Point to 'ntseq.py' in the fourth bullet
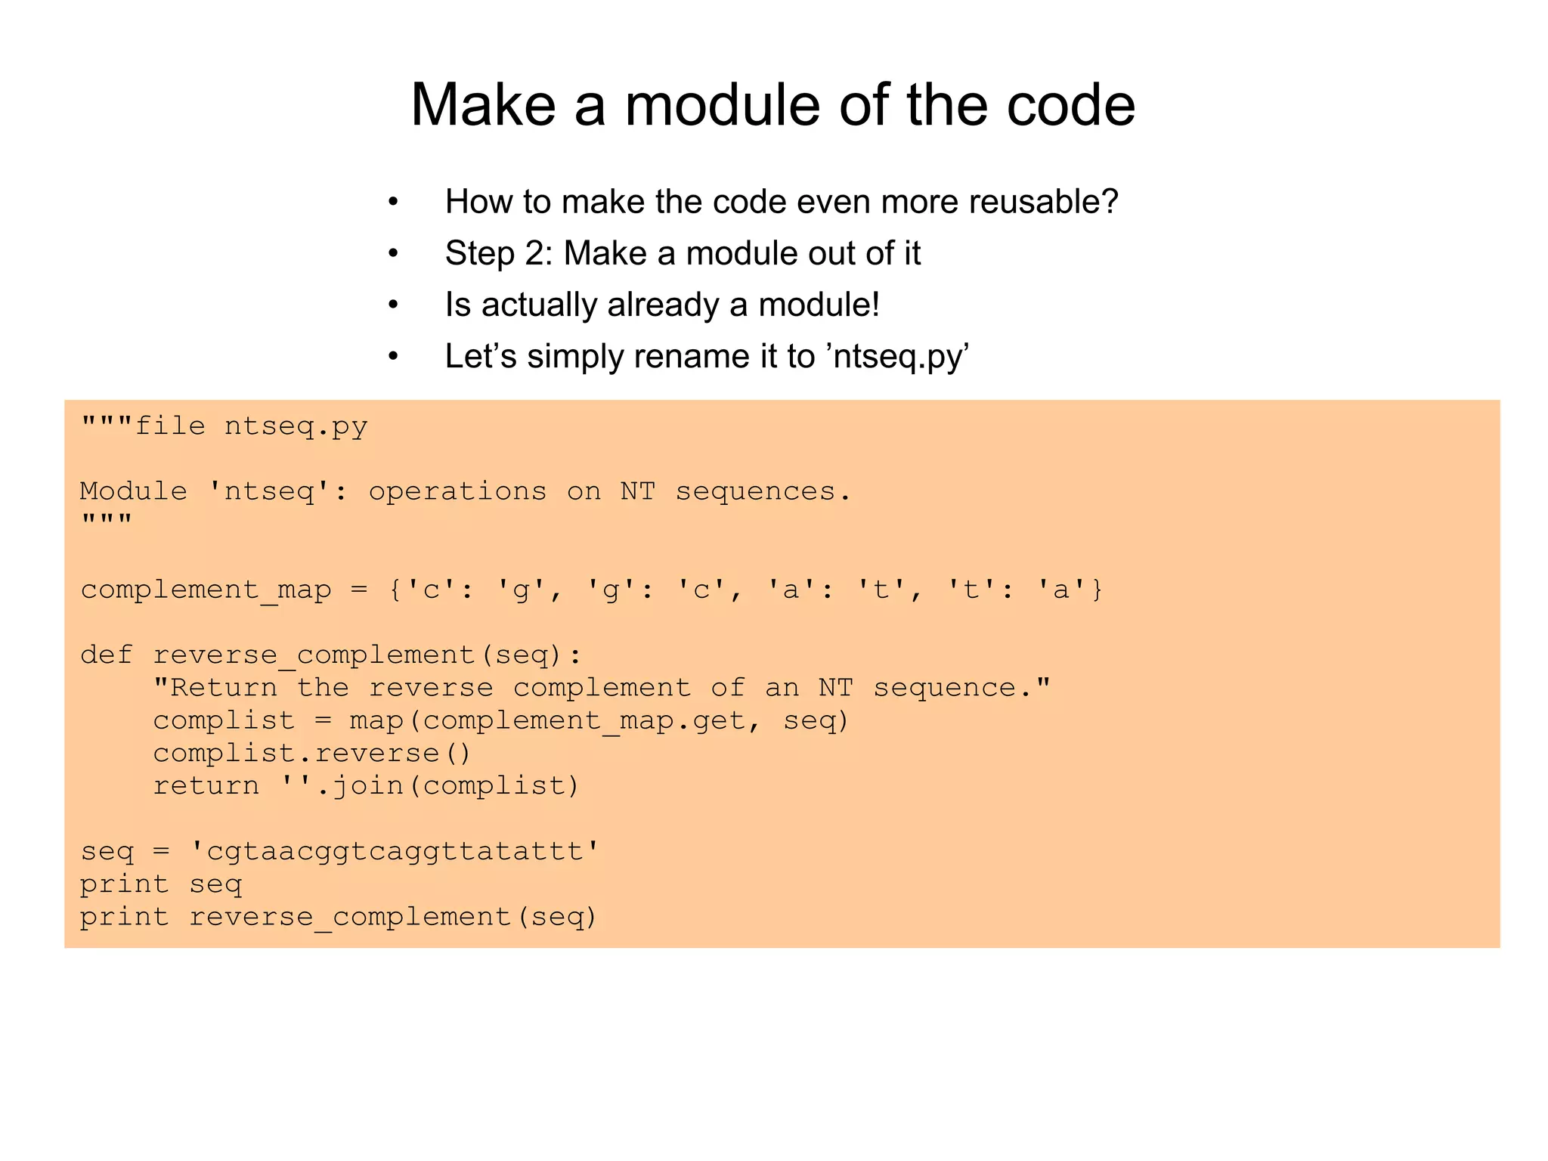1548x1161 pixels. pyautogui.click(x=895, y=357)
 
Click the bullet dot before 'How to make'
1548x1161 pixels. pyautogui.click(x=393, y=203)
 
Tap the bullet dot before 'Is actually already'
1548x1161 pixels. pyautogui.click(x=393, y=306)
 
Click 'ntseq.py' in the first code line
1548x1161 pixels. pyautogui.click(x=296, y=427)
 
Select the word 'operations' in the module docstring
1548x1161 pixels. pyautogui.click(x=457, y=492)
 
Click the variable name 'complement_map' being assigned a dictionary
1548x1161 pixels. pyautogui.click(x=206, y=590)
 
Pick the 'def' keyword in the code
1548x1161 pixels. pyautogui.click(x=107, y=655)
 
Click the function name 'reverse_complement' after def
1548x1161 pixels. pyautogui.click(x=314, y=655)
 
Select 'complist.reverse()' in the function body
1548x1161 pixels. pyautogui.click(x=312, y=754)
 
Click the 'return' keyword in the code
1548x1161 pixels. pyautogui.click(x=206, y=786)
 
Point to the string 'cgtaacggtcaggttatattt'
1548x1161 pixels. pyautogui.click(x=395, y=852)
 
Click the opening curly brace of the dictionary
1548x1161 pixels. pyautogui.click(x=395, y=590)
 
